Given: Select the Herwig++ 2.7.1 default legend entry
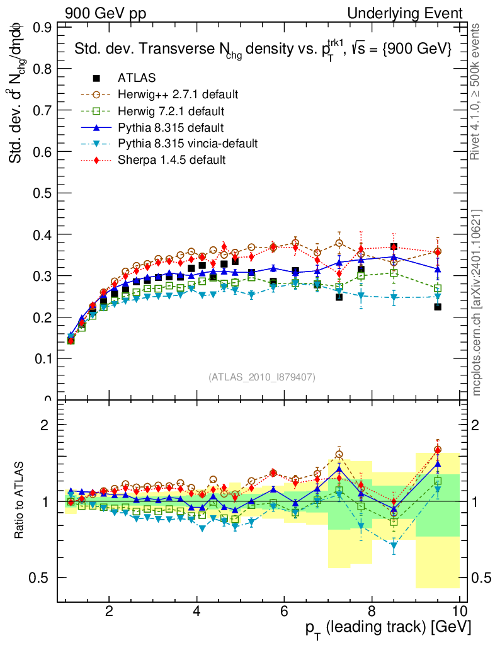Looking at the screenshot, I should [x=178, y=94].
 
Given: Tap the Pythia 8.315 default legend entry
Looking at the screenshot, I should [x=169, y=127].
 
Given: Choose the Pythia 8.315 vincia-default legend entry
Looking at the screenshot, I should [x=187, y=144].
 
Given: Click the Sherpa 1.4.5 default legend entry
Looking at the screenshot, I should [x=171, y=160].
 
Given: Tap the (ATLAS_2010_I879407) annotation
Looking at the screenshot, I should [x=262, y=377].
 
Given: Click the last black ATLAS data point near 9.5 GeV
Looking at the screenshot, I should [x=438, y=307].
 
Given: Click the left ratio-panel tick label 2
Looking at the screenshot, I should [x=45, y=425].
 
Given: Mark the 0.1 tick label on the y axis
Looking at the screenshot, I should [x=43, y=358].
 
